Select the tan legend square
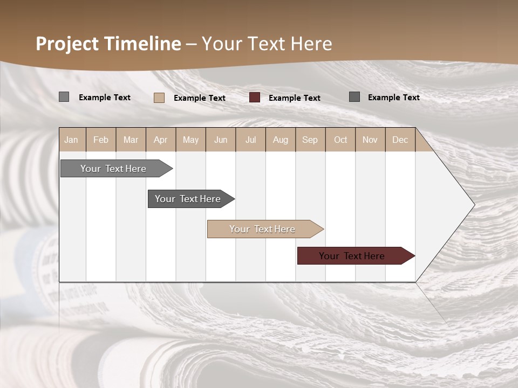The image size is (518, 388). (159, 98)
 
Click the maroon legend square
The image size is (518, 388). (255, 98)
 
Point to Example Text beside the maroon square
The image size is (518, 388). (294, 98)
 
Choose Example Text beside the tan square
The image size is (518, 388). (199, 98)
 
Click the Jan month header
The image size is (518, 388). (71, 140)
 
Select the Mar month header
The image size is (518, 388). (131, 140)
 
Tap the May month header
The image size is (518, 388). (190, 140)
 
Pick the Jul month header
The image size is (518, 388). (250, 140)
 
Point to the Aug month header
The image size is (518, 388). (280, 140)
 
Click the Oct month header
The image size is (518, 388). (340, 140)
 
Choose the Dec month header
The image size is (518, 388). (400, 140)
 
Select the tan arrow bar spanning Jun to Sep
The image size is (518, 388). (263, 229)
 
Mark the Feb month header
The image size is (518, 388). (101, 140)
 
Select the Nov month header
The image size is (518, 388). (370, 140)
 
